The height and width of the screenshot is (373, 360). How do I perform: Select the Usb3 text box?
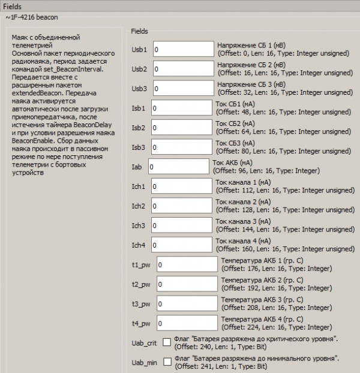[184, 89]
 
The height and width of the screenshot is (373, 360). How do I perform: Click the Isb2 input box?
[182, 128]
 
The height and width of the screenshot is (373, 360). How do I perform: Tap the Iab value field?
[179, 167]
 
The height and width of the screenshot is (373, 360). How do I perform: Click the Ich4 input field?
[182, 245]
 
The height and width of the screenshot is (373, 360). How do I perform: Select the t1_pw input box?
[187, 264]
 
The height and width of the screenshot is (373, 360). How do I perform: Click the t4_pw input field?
[187, 323]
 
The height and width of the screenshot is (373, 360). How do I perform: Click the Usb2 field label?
[139, 70]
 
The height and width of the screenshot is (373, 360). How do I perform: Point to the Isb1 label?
[139, 109]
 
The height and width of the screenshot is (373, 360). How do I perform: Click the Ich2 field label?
[139, 206]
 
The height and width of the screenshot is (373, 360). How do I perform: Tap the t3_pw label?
[141, 304]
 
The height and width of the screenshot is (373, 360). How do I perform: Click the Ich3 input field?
[182, 225]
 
